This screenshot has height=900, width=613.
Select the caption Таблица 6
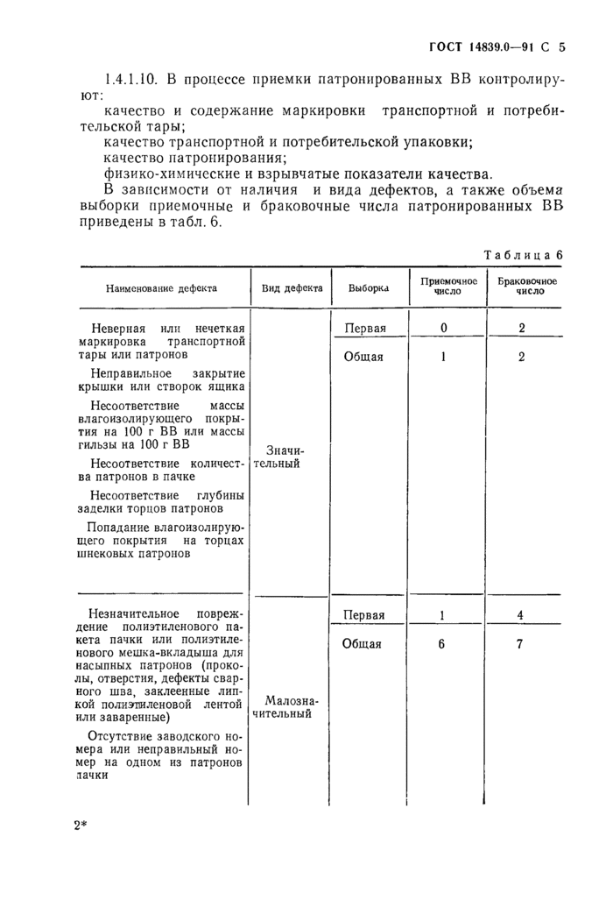522,254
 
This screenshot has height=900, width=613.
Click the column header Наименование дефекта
162,287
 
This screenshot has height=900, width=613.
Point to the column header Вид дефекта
292,287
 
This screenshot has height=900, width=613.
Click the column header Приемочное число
448,287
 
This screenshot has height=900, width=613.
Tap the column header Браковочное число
524,287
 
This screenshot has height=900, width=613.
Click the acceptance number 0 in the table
444,328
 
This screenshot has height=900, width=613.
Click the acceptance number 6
442,644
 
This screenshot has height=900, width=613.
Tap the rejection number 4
520,615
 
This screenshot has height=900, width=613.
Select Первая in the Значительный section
365,328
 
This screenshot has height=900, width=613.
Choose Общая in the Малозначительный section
364,644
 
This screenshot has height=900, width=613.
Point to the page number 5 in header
561,48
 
